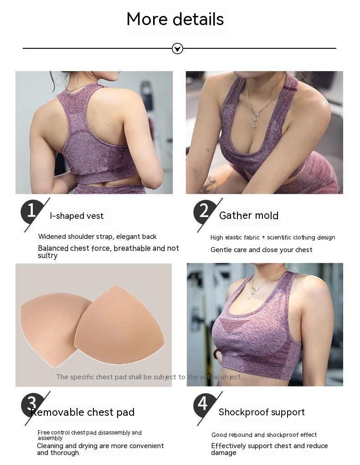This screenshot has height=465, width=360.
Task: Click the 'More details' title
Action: [x=175, y=19]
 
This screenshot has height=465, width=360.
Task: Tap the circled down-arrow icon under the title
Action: [x=177, y=48]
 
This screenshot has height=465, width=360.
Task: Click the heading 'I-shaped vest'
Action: [x=77, y=216]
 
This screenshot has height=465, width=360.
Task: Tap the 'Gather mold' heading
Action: [x=249, y=216]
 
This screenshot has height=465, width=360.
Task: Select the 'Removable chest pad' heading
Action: [x=83, y=412]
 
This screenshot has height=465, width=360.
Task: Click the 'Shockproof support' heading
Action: [x=262, y=412]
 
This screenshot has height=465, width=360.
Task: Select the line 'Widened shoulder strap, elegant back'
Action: [x=97, y=237]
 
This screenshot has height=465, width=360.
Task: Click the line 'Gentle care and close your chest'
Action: [x=261, y=250]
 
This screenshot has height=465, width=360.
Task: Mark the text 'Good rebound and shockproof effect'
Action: [x=264, y=435]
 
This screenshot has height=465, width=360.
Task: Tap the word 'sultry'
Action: [x=48, y=256]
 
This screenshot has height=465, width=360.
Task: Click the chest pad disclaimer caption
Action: [x=148, y=377]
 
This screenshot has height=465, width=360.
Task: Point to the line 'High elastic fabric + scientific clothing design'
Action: [x=273, y=238]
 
